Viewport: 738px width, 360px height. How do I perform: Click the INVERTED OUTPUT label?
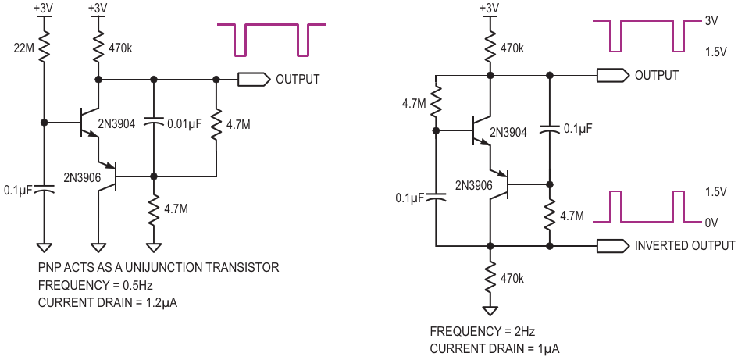pos(685,245)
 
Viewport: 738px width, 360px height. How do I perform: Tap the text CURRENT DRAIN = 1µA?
pos(494,349)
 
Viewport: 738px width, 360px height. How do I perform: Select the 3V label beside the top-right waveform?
pos(711,22)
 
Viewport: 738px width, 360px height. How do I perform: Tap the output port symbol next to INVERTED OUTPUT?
pos(613,245)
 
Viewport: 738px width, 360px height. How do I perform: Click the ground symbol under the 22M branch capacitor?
pos(43,247)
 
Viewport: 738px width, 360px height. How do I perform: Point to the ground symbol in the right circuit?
pos(490,311)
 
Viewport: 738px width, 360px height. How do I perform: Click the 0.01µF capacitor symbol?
pos(153,123)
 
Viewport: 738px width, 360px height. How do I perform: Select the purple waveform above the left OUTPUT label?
pos(272,40)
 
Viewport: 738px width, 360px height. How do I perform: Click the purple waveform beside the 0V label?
pos(646,207)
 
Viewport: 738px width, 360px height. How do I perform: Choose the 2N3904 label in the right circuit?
pos(508,132)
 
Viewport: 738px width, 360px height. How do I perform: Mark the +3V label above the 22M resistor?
pos(43,8)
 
